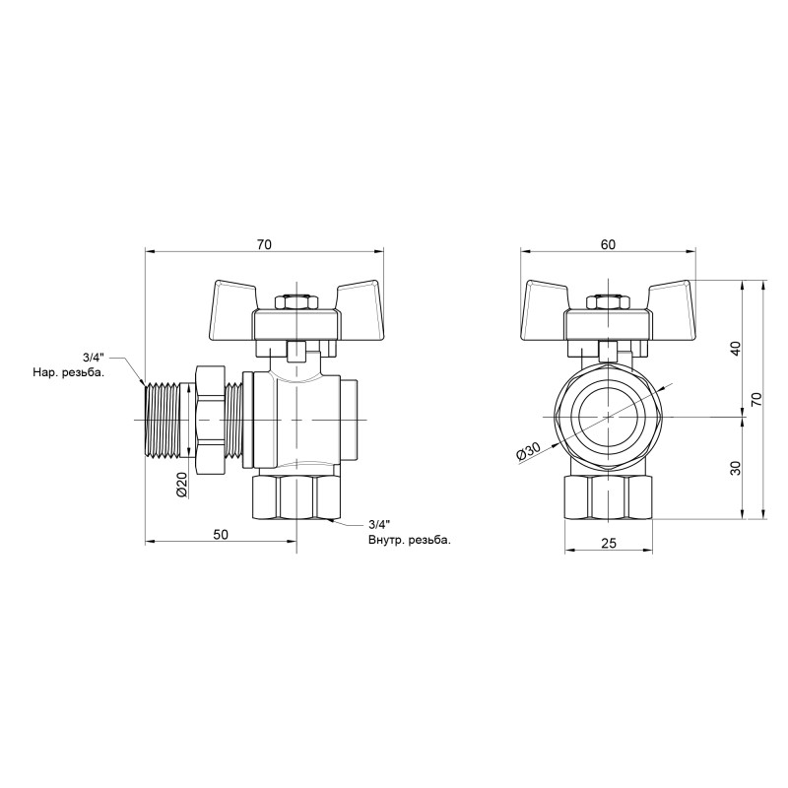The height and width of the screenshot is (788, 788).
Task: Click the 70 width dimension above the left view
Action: point(264,243)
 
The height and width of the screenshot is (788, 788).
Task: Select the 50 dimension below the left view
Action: point(221,534)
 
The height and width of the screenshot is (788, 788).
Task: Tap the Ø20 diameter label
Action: point(181,485)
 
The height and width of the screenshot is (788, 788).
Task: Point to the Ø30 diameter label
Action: point(529,450)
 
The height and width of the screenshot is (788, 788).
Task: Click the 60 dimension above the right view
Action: point(608,243)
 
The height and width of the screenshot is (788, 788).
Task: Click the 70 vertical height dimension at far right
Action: point(755,399)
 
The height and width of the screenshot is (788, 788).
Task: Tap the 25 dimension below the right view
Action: point(608,543)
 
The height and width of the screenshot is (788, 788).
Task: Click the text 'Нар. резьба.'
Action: point(67,373)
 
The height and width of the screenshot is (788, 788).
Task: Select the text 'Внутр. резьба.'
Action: point(409,540)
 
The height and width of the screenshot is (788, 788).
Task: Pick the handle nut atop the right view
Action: point(608,301)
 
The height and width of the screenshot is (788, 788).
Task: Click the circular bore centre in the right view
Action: point(608,415)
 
